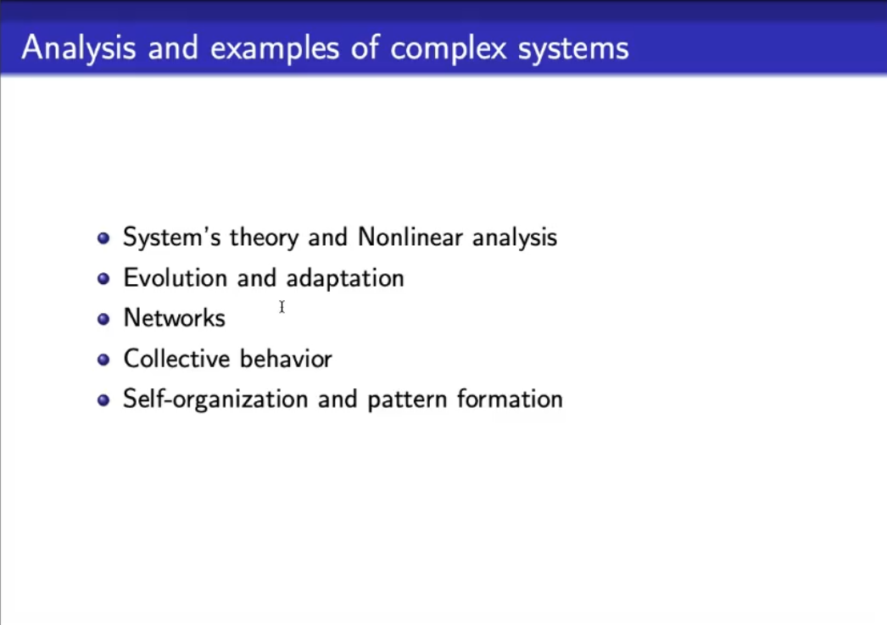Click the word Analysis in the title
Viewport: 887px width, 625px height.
point(79,48)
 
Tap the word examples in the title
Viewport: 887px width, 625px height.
point(275,48)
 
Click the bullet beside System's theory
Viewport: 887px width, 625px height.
point(103,237)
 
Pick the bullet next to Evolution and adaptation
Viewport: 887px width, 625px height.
point(103,278)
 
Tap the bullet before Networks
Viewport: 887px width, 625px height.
point(103,319)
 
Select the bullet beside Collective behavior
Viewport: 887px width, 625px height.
point(103,360)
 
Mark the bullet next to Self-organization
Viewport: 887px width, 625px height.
point(103,400)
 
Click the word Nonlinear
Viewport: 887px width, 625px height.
point(410,237)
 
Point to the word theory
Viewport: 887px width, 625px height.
point(264,238)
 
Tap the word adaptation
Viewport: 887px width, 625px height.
point(345,279)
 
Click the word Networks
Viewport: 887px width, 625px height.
point(174,318)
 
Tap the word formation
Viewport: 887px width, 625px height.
point(510,399)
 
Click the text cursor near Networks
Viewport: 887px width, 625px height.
point(282,306)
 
